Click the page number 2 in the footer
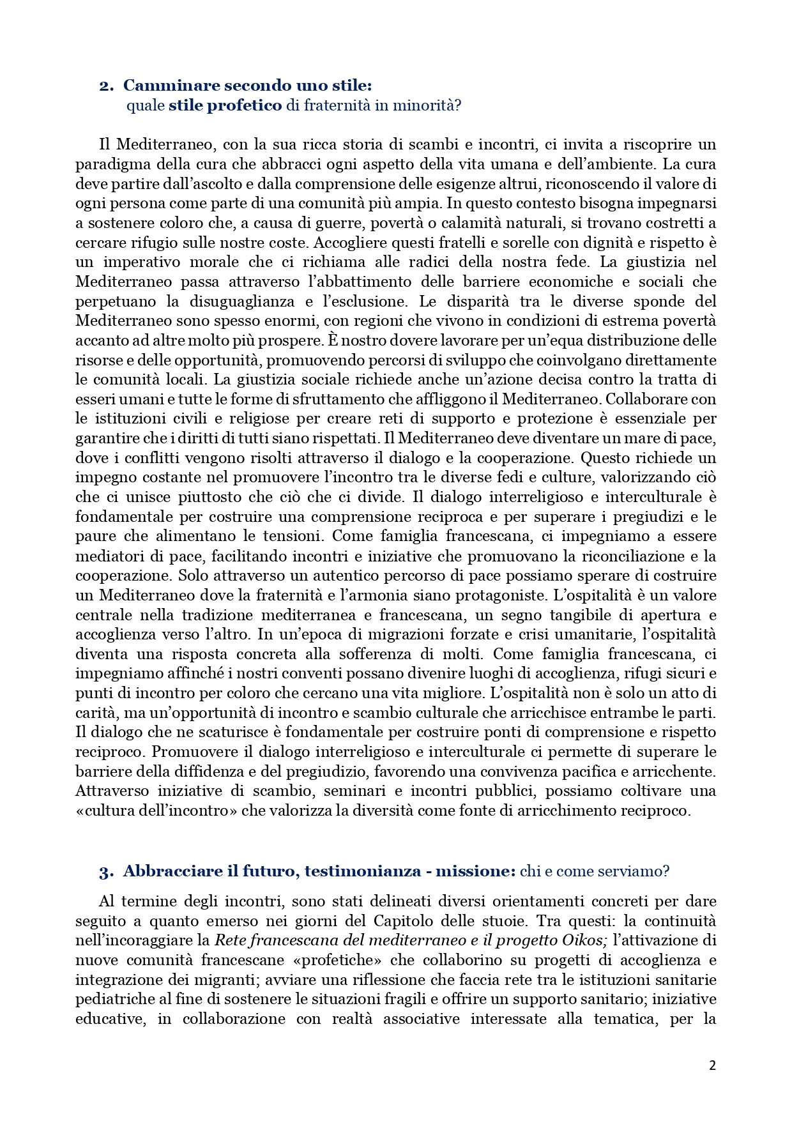(x=712, y=1065)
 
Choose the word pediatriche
(x=115, y=999)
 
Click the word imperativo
(x=148, y=263)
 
